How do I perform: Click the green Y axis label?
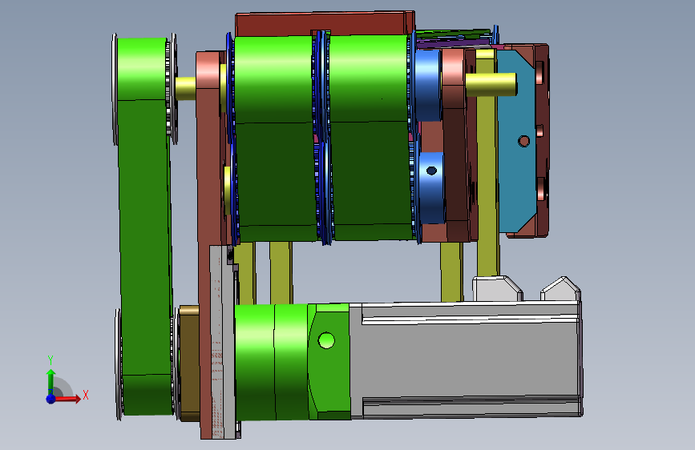51,360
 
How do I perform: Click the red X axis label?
86,395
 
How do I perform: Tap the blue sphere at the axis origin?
51,399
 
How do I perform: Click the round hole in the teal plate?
523,141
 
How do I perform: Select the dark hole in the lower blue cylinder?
431,171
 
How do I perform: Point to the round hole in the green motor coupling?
326,340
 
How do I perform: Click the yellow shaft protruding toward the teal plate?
491,84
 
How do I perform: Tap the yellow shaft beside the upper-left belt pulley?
185,89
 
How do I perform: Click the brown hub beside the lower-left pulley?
189,364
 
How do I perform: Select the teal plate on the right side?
517,141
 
